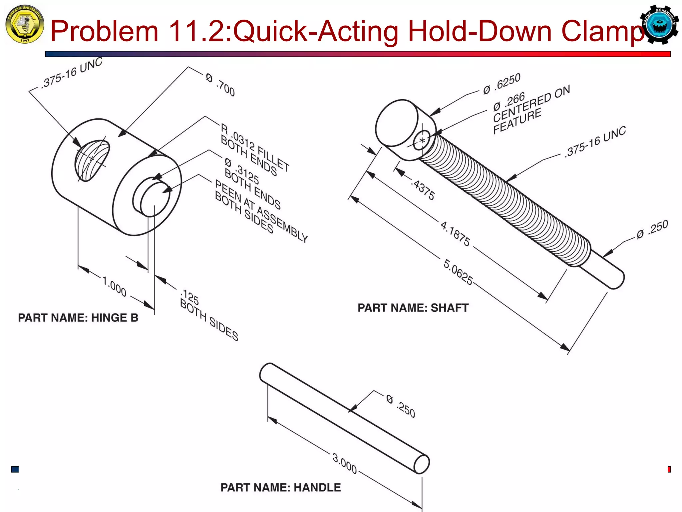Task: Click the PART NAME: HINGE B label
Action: tap(78, 318)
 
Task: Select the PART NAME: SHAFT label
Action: tap(413, 308)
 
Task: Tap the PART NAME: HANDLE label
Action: tap(280, 487)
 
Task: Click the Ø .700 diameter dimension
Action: tap(220, 85)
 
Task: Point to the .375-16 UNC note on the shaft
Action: tap(595, 141)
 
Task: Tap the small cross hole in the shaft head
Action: tap(422, 140)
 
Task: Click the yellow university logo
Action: tap(24, 24)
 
